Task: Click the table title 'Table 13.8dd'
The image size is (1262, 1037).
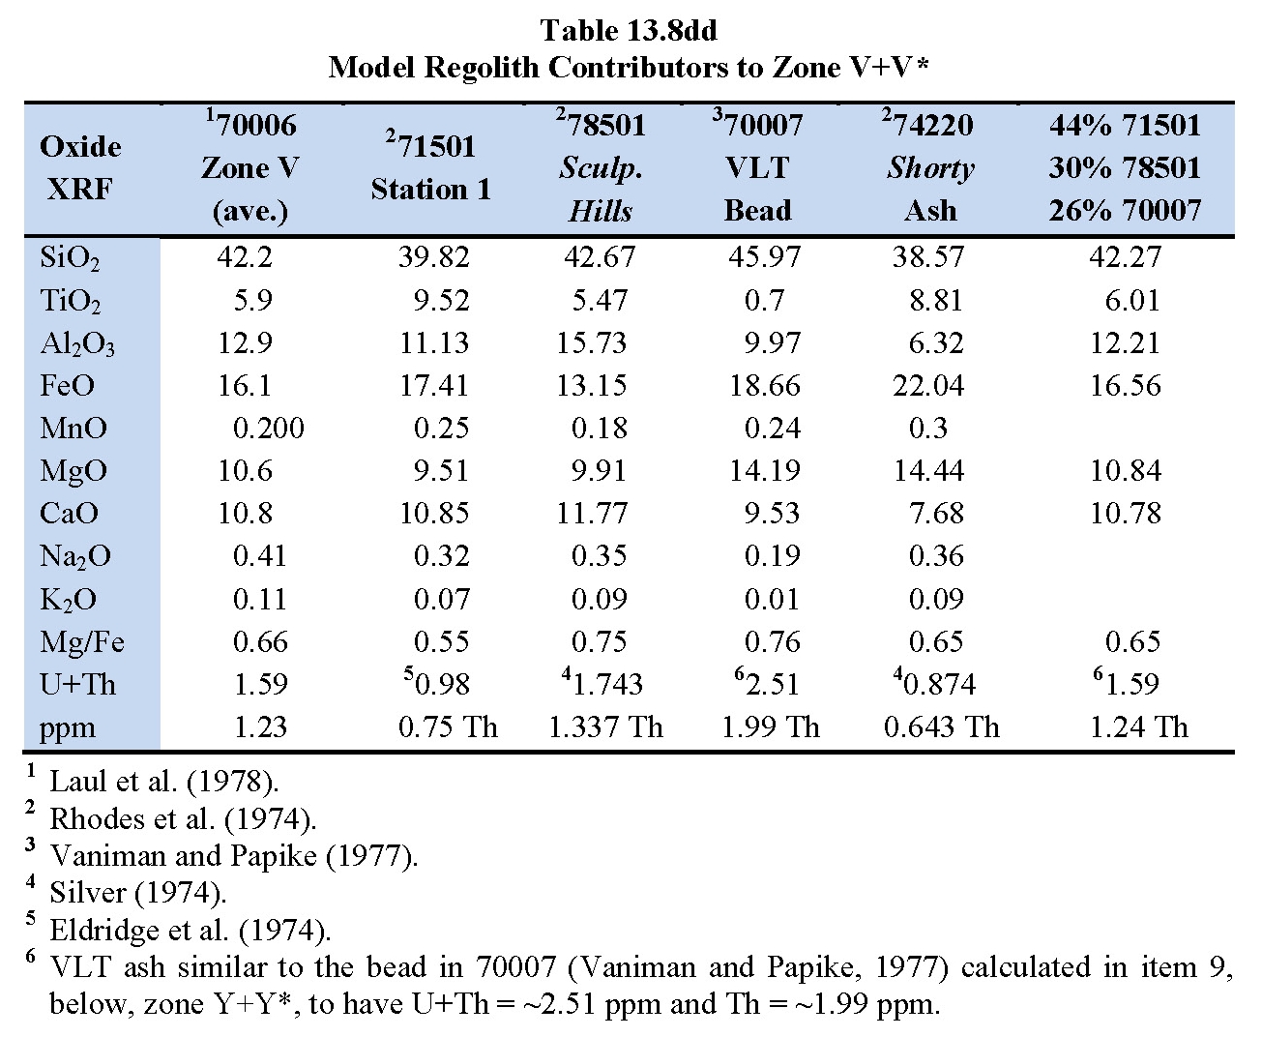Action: coord(629,30)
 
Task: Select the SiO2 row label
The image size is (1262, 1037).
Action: coord(70,258)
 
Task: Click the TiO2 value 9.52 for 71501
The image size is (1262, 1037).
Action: coord(441,300)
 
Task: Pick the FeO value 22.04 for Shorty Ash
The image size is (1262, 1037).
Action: coord(928,385)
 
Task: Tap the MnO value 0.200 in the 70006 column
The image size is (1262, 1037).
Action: coord(268,428)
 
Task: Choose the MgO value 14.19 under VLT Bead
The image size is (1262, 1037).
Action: coord(764,470)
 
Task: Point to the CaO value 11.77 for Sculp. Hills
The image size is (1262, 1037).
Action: coord(592,513)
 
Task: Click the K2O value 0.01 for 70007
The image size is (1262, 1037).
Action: coord(772,598)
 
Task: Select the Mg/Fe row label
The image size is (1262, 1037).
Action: coord(82,642)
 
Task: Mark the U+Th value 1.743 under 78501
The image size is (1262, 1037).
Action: coord(602,683)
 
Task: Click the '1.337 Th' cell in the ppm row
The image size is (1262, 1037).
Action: coord(605,726)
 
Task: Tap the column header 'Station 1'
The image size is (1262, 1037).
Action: coord(431,190)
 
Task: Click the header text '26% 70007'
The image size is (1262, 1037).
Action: coord(1125,210)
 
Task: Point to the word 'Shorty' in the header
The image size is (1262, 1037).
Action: coord(930,168)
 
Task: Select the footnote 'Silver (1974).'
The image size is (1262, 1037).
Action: coord(138,892)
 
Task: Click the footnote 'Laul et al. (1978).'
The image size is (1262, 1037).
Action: coord(164,781)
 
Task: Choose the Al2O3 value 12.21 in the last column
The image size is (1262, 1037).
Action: coord(1125,342)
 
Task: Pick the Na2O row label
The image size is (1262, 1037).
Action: coord(74,556)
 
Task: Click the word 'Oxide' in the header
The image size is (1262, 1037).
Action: coord(80,146)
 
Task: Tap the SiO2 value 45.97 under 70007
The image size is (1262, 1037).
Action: coord(764,257)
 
